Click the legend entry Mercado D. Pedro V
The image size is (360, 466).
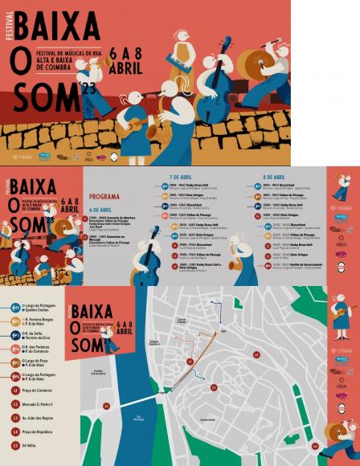pyautogui.click(x=37, y=403)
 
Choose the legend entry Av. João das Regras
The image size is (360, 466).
pyautogui.click(x=38, y=417)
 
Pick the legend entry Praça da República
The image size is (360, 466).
pyautogui.click(x=37, y=431)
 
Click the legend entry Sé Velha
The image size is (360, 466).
pyautogui.click(x=29, y=444)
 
